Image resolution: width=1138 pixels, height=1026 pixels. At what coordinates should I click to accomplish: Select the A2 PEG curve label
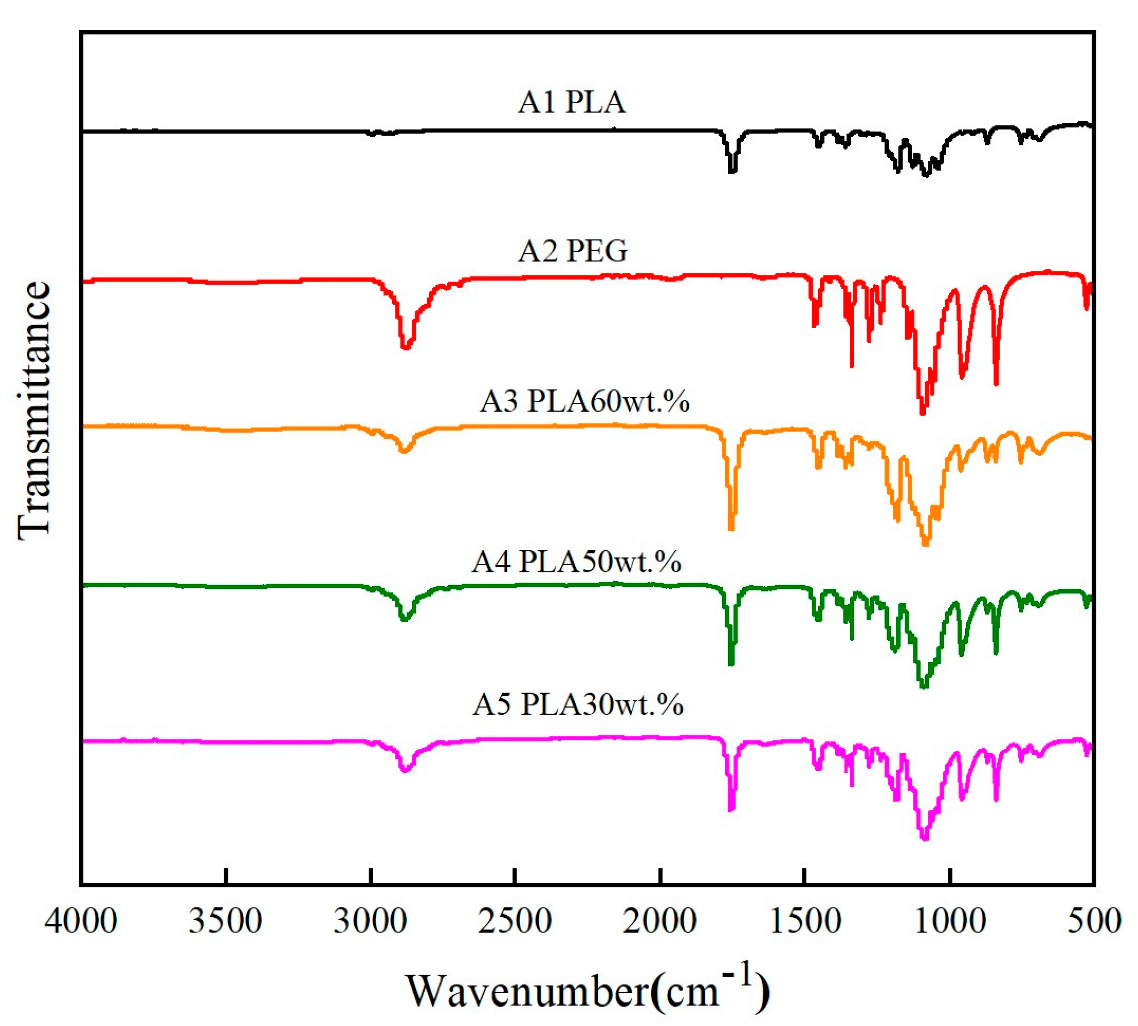572,251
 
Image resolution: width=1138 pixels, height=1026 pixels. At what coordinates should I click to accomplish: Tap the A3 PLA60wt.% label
584,401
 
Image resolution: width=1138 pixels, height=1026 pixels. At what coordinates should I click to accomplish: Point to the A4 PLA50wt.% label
576,561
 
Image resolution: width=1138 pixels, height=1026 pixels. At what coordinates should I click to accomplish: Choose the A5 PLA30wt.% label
577,705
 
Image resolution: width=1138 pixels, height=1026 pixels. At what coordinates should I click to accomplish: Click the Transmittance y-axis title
34,410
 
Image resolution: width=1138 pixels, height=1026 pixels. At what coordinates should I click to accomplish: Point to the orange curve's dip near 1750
732,527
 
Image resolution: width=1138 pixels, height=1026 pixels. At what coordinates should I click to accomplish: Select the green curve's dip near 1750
732,663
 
